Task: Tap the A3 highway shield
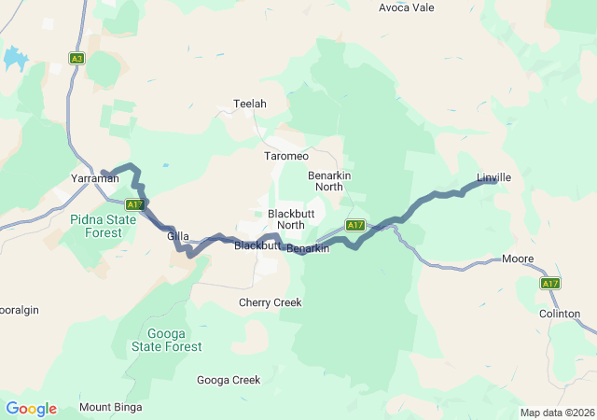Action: pos(76,58)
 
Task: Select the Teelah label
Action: pos(250,104)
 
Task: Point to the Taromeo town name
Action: pos(286,155)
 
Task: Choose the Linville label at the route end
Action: pos(494,177)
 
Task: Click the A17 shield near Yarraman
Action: pos(134,204)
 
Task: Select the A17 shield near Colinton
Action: pos(549,283)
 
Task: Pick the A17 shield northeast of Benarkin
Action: pos(354,225)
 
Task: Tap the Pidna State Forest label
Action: pos(108,226)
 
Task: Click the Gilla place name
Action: pos(178,237)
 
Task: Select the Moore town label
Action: pos(518,259)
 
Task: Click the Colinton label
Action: pos(560,315)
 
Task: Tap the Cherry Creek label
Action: pos(270,302)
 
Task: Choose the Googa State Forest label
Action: pos(174,340)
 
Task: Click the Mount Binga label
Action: pos(109,407)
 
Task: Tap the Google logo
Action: pos(31,409)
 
